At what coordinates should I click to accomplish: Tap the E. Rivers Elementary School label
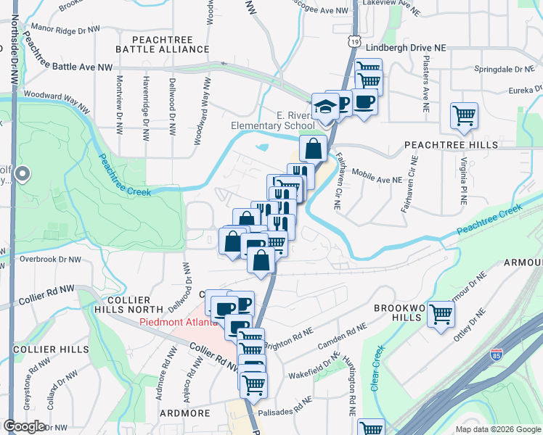[273, 120]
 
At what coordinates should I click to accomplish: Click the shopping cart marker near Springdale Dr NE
[463, 115]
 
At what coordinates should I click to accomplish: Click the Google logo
[24, 426]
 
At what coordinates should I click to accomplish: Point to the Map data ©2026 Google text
[497, 429]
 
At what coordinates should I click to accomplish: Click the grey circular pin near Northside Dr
[23, 173]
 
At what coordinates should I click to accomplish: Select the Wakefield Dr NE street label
[314, 366]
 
